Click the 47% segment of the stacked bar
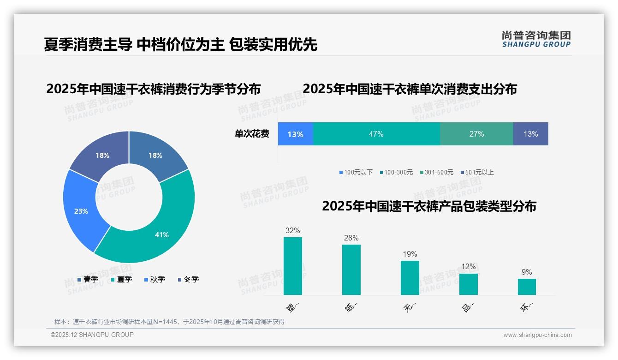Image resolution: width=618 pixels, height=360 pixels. click(x=376, y=134)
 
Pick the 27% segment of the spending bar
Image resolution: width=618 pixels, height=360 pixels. click(x=476, y=134)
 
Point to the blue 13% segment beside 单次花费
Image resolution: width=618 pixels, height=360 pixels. click(x=295, y=134)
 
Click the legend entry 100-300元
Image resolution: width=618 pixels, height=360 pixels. click(x=396, y=172)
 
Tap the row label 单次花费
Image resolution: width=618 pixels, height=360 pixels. click(x=252, y=134)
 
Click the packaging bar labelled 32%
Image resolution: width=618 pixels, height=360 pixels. click(x=292, y=266)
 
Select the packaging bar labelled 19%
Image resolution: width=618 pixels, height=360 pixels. click(x=410, y=277)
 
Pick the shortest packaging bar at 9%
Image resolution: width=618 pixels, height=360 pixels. click(x=527, y=287)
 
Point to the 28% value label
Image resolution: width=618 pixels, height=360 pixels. click(x=351, y=238)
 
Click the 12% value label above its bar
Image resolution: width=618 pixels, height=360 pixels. click(x=468, y=266)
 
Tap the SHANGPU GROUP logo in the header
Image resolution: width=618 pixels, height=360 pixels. click(x=536, y=39)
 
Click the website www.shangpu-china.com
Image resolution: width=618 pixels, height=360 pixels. click(x=537, y=335)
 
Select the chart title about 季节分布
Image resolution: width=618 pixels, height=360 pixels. click(x=154, y=89)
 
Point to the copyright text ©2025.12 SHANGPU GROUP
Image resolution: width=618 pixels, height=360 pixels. click(x=92, y=335)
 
